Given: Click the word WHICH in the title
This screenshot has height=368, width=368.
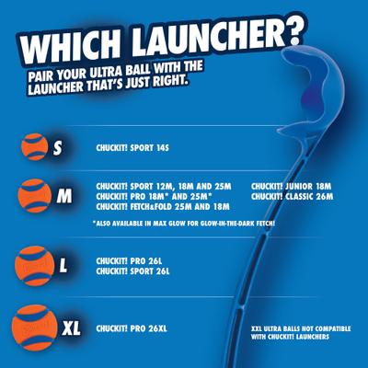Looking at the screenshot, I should pyautogui.click(x=67, y=47).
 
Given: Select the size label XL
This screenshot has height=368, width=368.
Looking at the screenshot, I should pyautogui.click(x=72, y=327).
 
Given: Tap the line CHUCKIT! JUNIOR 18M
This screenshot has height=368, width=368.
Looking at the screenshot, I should pyautogui.click(x=290, y=185).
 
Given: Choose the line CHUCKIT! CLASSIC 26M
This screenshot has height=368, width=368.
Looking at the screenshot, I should pyautogui.click(x=292, y=196).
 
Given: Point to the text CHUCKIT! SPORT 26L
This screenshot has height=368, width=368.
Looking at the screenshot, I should pyautogui.click(x=133, y=271).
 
